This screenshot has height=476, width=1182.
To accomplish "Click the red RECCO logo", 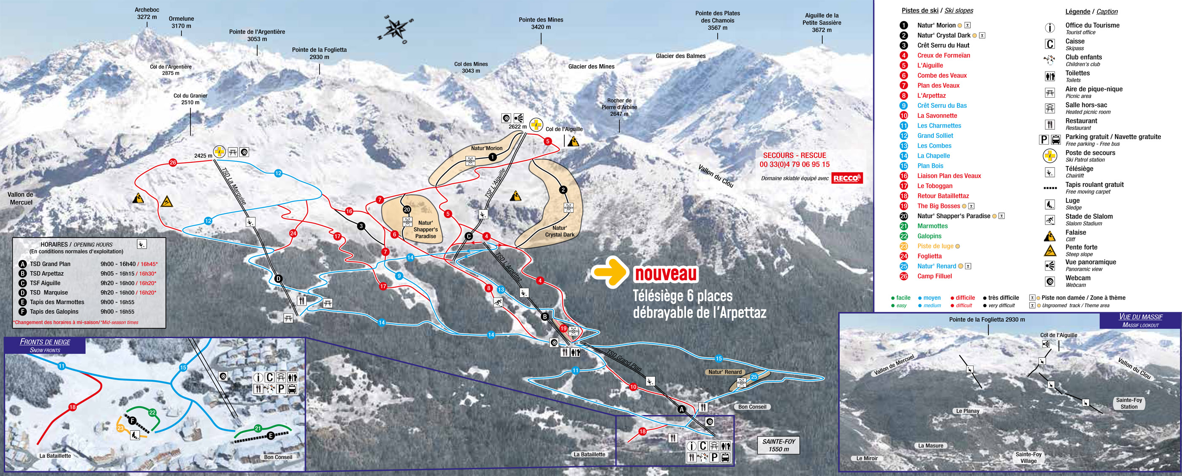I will [x=847, y=178].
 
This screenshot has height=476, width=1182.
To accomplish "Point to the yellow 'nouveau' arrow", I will [x=609, y=272].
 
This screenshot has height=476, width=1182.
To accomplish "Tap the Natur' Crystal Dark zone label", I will [x=559, y=231].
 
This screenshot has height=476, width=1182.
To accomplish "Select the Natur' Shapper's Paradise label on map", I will [x=426, y=229].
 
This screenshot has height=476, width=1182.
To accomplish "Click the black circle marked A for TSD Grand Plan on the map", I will [x=681, y=409].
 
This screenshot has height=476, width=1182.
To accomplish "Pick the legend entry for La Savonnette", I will [x=937, y=116].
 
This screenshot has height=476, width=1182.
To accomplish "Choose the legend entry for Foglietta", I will [x=929, y=256].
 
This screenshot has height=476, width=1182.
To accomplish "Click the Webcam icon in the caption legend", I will [x=1049, y=281].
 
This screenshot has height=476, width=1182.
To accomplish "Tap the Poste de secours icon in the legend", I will [x=1049, y=156].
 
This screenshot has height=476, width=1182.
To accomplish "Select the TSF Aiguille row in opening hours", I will [x=45, y=283].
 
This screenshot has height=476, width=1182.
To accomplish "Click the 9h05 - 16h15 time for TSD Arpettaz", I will [x=117, y=274].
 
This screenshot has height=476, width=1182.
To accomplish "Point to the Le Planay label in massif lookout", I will [x=968, y=411].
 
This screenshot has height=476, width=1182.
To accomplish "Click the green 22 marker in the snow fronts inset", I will [x=152, y=413].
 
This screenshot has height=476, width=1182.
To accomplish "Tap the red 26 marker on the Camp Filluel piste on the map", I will [x=173, y=162].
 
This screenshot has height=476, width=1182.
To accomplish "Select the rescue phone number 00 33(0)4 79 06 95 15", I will [x=794, y=164].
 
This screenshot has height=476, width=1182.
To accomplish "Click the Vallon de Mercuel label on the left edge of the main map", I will [x=21, y=199].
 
